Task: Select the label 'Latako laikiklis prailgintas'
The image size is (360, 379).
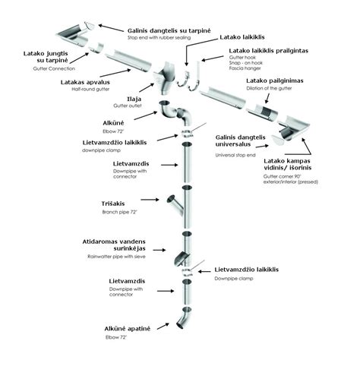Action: point(273,51)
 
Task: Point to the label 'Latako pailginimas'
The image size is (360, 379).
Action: point(273,80)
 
